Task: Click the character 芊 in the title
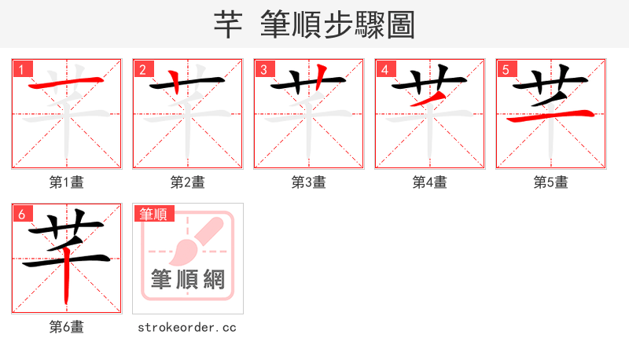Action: (x=227, y=24)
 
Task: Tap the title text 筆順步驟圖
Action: (x=339, y=24)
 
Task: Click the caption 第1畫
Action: (x=67, y=182)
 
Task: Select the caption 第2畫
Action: (x=188, y=182)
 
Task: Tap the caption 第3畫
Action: (x=309, y=182)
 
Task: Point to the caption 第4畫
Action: (x=430, y=182)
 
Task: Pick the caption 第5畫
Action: (x=551, y=182)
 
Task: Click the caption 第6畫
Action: (x=67, y=327)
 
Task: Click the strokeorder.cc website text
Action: (x=188, y=327)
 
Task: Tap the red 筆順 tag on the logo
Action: (x=154, y=214)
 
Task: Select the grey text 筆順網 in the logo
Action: (x=188, y=280)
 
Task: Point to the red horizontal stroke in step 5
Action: (x=550, y=118)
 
